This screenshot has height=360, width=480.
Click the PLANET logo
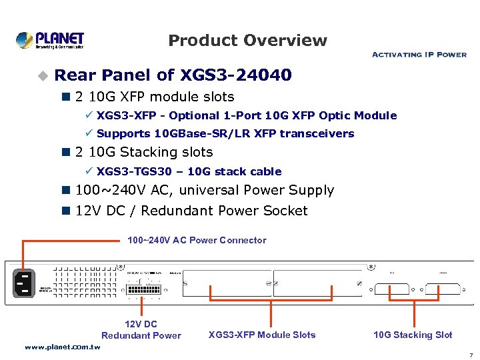(50, 40)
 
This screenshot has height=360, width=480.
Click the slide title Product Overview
(247, 41)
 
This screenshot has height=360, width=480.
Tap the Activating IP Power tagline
(419, 55)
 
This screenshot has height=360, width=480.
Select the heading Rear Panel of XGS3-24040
(173, 75)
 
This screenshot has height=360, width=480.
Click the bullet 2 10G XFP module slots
(155, 97)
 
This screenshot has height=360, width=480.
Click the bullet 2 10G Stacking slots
(144, 153)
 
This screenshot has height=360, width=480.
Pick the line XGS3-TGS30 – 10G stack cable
(189, 171)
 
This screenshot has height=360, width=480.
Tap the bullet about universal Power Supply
(205, 191)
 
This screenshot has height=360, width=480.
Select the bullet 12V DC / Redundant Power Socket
(191, 211)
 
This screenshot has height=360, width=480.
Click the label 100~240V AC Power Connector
(197, 240)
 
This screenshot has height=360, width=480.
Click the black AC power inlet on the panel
(23, 283)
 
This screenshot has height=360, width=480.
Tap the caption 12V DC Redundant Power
(141, 330)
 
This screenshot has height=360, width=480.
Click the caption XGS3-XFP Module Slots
(262, 335)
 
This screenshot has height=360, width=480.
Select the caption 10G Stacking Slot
(413, 335)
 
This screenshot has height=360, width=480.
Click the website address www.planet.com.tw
(63, 347)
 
